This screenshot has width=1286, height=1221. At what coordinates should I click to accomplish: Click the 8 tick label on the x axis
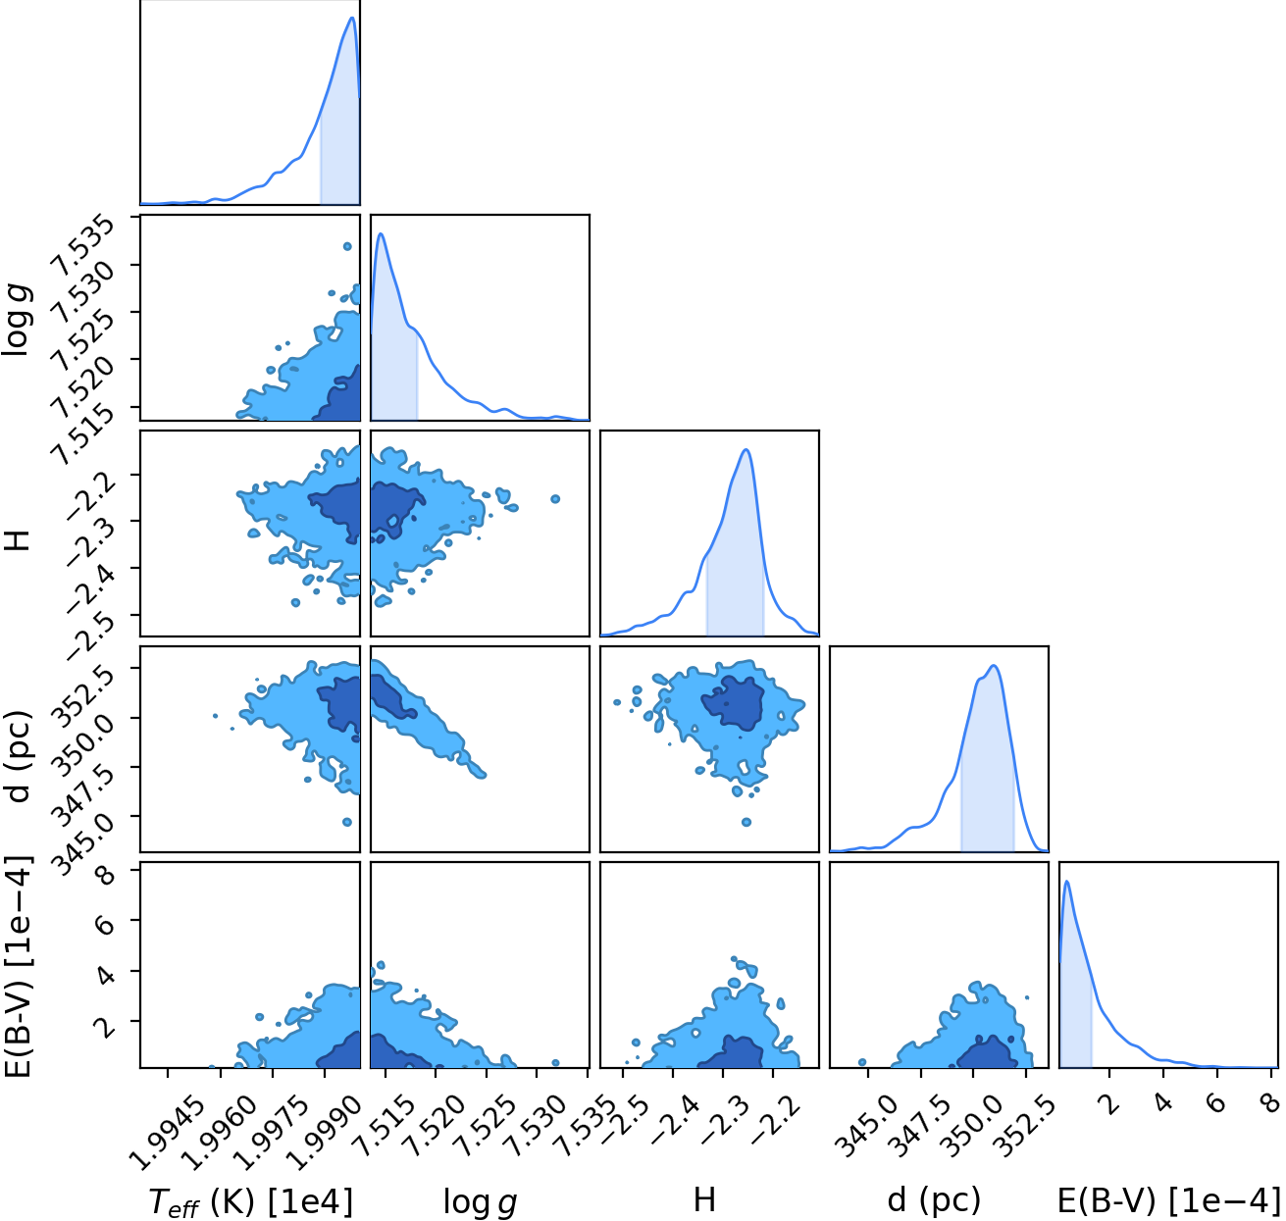point(1270,1103)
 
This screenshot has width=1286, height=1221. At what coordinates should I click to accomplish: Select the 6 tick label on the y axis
point(107,919)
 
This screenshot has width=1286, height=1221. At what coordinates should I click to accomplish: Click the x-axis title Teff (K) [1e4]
point(251,1201)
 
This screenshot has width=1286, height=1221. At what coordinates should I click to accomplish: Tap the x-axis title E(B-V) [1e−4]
point(1169,1200)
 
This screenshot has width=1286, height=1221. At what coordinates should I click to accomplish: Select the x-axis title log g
point(480,1202)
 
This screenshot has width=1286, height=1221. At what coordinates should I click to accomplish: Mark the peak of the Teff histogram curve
point(352,17)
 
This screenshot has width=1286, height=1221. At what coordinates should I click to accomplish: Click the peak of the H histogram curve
point(746,449)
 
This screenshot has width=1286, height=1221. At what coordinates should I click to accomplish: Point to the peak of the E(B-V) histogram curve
point(1067,881)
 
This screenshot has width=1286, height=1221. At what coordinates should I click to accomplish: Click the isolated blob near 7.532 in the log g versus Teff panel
point(347,246)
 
